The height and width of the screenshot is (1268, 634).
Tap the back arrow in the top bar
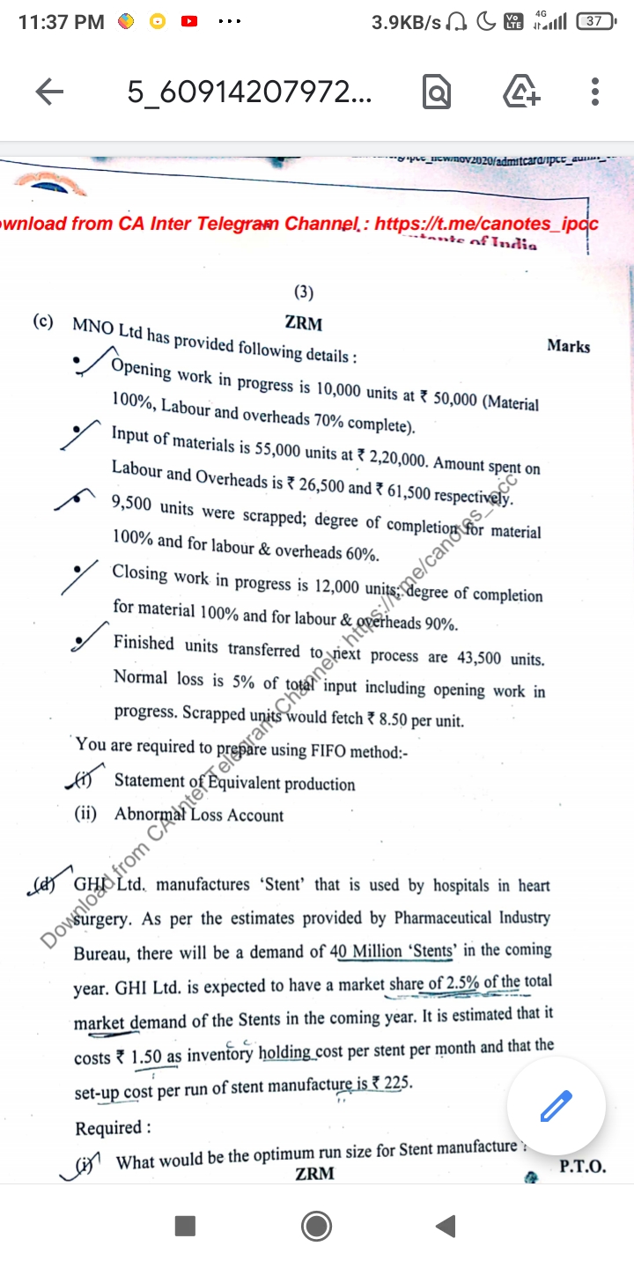click(49, 92)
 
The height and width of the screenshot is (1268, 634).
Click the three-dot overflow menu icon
click(595, 92)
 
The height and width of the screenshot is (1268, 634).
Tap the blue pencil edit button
click(557, 1104)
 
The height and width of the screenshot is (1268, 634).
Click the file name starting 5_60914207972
click(249, 92)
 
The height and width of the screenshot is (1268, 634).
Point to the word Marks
click(568, 346)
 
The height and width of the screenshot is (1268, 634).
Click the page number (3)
click(303, 293)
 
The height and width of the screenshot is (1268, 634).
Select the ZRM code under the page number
click(303, 323)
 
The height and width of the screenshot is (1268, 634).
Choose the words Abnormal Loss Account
click(199, 815)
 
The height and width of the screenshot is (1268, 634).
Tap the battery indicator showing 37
click(595, 21)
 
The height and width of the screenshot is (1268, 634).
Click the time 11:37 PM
click(61, 21)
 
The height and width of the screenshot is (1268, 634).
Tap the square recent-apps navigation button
click(184, 1225)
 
